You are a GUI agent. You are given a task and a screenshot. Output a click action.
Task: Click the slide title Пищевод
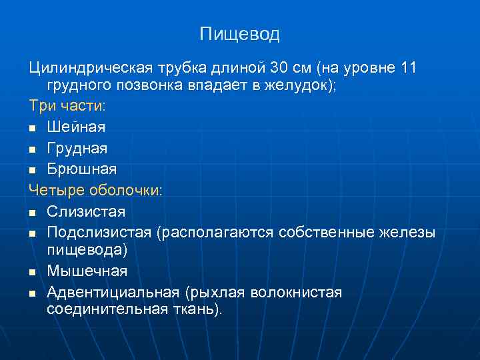239,34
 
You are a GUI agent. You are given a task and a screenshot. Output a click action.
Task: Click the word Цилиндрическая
91,69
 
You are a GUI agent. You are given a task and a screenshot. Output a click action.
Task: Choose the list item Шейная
76,126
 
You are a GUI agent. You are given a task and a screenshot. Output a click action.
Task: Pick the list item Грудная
77,147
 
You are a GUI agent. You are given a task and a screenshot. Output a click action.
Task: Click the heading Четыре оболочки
95,190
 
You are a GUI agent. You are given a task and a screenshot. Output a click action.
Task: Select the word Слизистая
86,211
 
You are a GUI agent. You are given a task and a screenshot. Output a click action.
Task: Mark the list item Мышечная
87,271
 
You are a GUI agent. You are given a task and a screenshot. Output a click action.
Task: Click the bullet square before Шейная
33,127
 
